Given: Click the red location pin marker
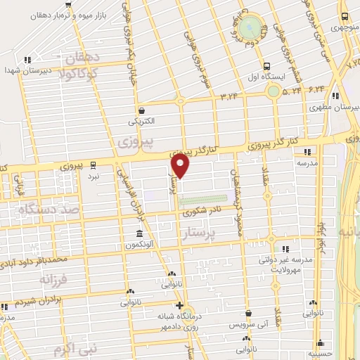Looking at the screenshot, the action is click(x=181, y=165).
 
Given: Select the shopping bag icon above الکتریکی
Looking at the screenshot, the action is click(x=142, y=110).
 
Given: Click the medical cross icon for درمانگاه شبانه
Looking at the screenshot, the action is click(x=180, y=305).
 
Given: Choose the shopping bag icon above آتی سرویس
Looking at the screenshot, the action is click(x=249, y=314).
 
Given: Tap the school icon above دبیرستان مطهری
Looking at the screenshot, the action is click(x=336, y=96).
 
